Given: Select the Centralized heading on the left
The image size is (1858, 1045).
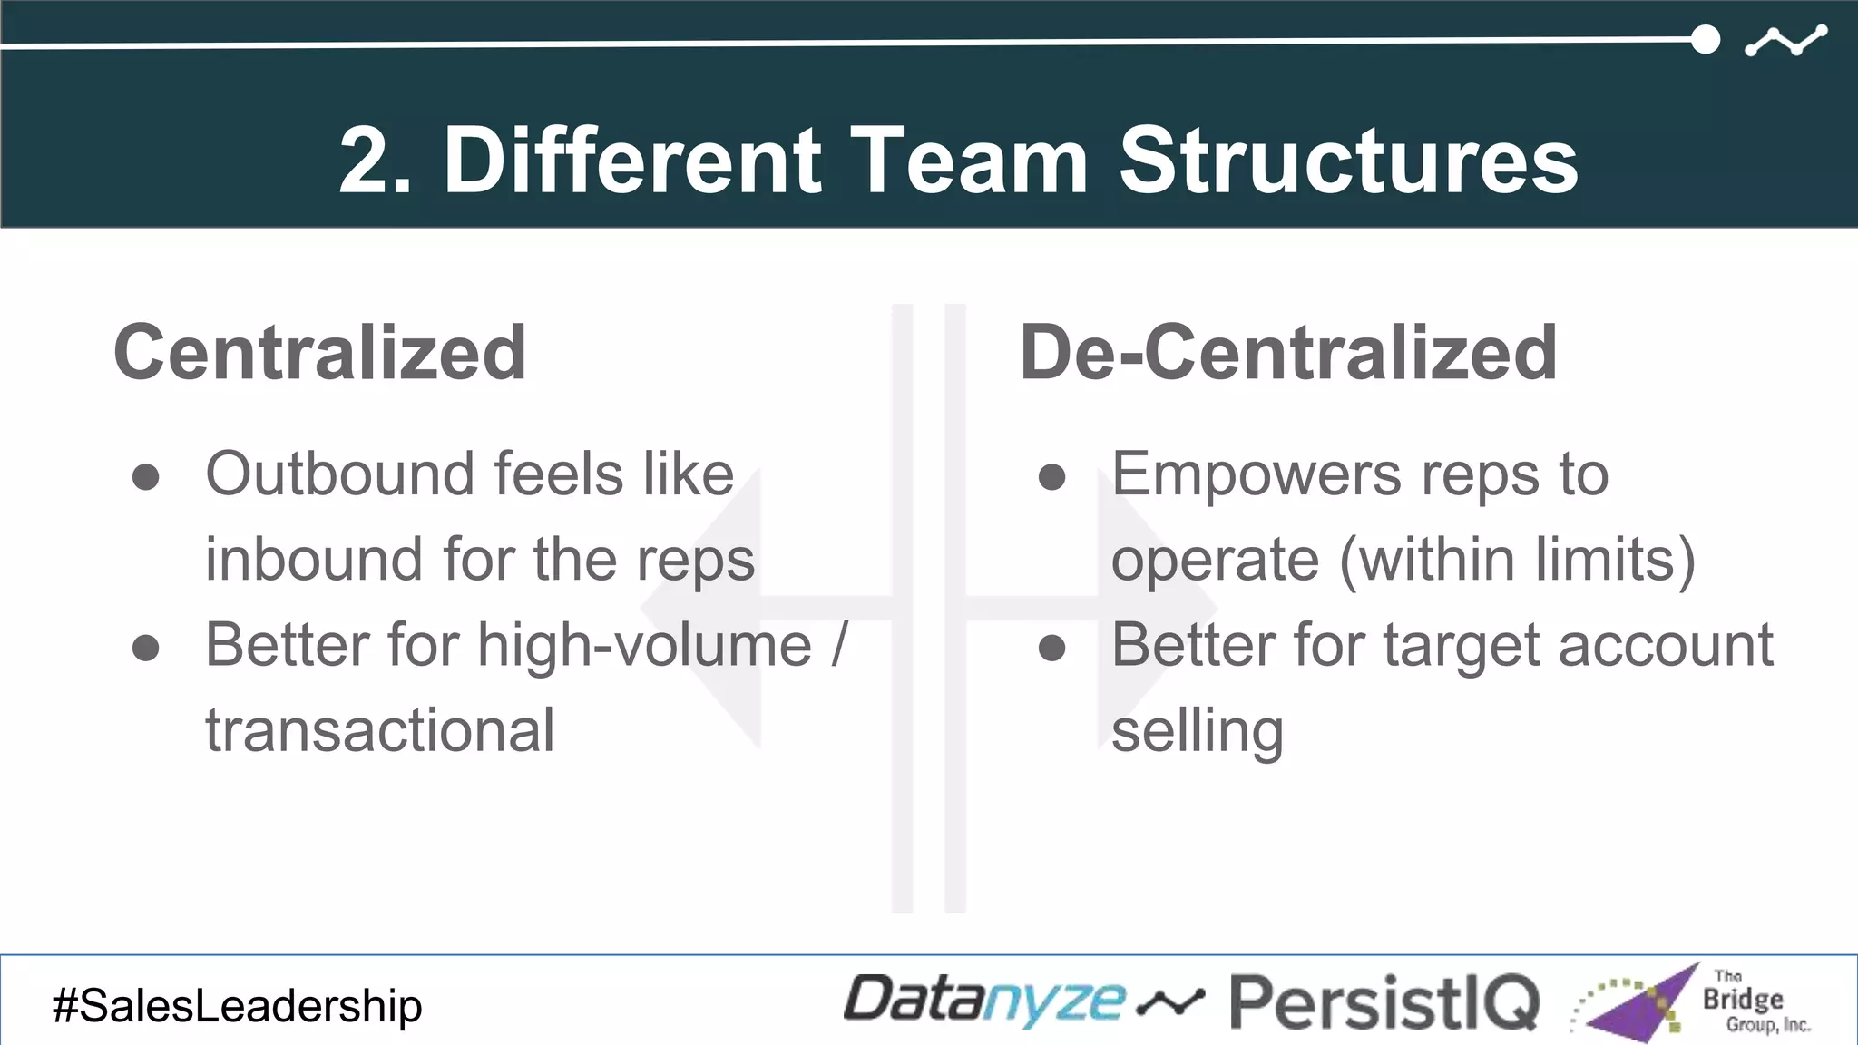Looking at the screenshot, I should pyautogui.click(x=319, y=353).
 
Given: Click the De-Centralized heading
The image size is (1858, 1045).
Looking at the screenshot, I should pyautogui.click(x=1288, y=353).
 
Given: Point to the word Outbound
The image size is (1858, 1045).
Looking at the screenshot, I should pyautogui.click(x=341, y=474).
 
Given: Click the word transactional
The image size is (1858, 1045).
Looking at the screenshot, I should pyautogui.click(x=379, y=731).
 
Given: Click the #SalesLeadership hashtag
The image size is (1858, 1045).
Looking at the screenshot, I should pyautogui.click(x=237, y=1006).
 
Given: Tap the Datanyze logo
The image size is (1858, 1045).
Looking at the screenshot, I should pyautogui.click(x=983, y=1001).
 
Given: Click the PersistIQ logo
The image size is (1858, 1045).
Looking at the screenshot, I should pyautogui.click(x=1384, y=1002).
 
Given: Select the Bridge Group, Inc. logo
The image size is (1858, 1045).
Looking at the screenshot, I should pyautogui.click(x=1693, y=1002).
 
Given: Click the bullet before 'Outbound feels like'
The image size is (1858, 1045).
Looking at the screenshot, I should pyautogui.click(x=146, y=477).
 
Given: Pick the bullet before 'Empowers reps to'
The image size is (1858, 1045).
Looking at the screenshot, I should pyautogui.click(x=1051, y=477).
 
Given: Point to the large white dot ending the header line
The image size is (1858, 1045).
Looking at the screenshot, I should pyautogui.click(x=1706, y=40).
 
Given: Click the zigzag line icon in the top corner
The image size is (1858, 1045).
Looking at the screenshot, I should pyautogui.click(x=1785, y=41).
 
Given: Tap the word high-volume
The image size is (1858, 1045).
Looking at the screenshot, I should pyautogui.click(x=644, y=646).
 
